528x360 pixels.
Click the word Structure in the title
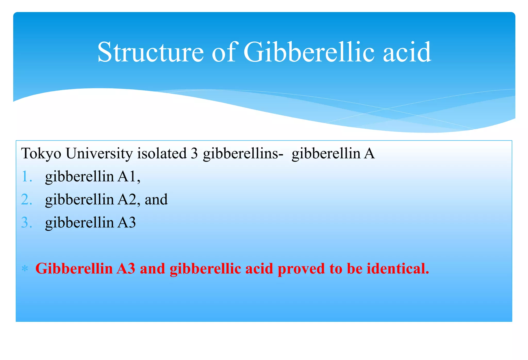click(151, 52)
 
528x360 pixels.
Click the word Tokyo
click(41, 154)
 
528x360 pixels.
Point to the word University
click(99, 154)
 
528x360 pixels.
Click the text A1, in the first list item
click(129, 177)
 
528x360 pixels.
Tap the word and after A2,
click(156, 199)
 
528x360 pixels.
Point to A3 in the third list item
click(126, 222)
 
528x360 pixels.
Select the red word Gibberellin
click(74, 269)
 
